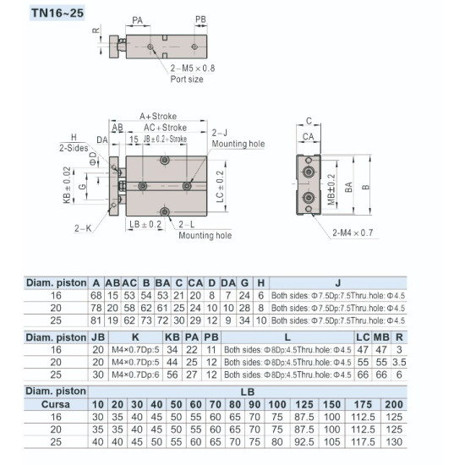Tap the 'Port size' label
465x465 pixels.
click(x=187, y=79)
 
